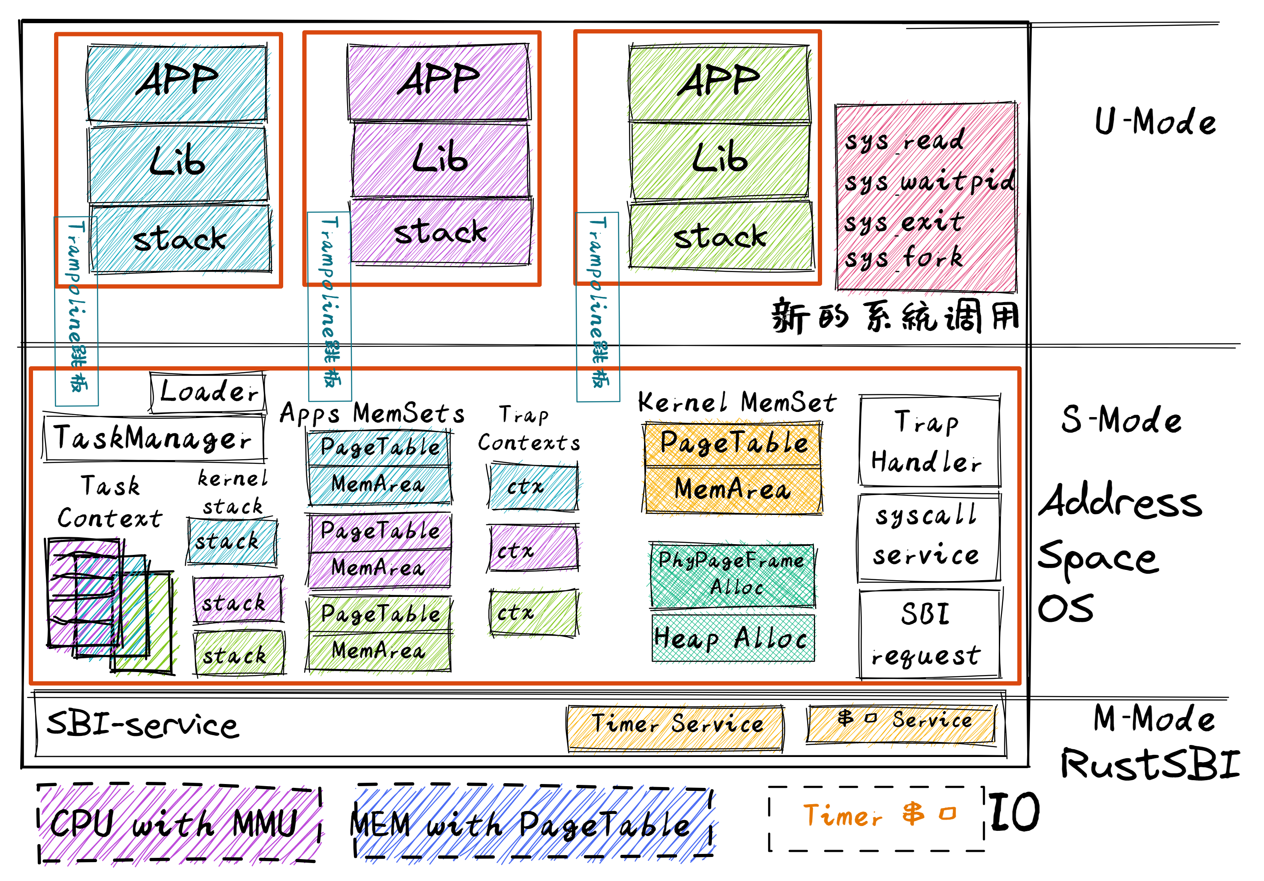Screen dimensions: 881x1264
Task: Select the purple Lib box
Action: point(440,160)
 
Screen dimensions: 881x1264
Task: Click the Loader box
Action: point(208,393)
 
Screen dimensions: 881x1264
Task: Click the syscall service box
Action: point(928,537)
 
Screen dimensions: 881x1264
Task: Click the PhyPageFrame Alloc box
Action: point(732,574)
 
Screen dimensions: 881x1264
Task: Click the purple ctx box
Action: point(533,549)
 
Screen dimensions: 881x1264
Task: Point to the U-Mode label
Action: point(1155,122)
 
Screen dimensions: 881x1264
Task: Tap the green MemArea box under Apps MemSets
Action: point(379,651)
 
